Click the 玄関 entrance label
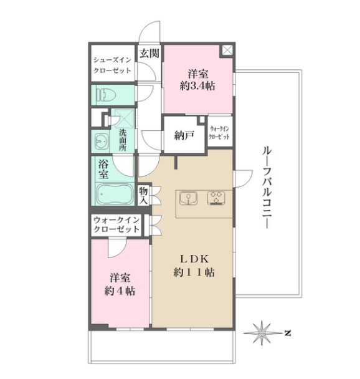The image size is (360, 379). coord(149,53)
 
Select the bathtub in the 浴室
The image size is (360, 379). coord(114,194)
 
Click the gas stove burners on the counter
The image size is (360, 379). coord(216,198)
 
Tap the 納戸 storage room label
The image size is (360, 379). coord(184,136)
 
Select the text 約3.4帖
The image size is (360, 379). coord(197,85)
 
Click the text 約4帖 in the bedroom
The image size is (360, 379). coord(120,290)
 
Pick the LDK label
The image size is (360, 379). coord(194,259)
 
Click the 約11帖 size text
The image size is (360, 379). coord(194,272)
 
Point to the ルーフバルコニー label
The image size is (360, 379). coord(267,188)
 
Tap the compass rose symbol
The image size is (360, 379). coord(262,333)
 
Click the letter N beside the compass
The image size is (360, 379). coord(287,333)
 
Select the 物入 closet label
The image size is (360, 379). coord(143,196)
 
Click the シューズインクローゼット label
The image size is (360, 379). coord(112,65)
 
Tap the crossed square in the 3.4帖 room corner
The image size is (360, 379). coord(227,50)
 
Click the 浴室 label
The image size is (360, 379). coord(103,170)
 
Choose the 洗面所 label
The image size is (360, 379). coord(123,140)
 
